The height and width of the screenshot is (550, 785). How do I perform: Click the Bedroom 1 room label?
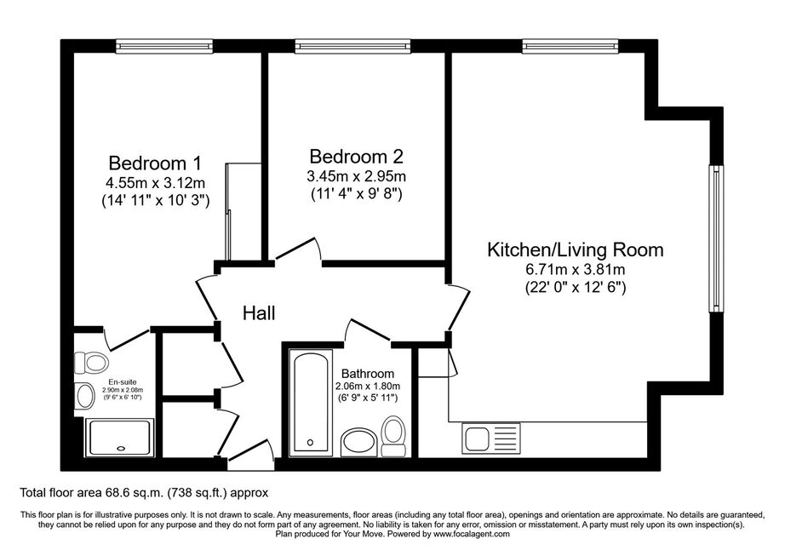click(x=155, y=163)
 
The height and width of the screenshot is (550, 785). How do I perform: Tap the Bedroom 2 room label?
click(x=356, y=157)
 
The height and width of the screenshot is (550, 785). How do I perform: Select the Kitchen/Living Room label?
click(x=576, y=249)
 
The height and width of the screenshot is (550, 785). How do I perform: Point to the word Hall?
click(x=259, y=313)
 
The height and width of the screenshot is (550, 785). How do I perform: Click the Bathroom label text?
click(x=368, y=374)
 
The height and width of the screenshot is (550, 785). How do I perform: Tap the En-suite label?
click(x=123, y=382)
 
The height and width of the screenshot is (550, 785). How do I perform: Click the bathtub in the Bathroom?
click(x=311, y=403)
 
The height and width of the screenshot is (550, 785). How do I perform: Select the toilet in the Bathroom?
click(x=393, y=437)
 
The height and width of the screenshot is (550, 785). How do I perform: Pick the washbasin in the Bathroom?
click(x=359, y=442)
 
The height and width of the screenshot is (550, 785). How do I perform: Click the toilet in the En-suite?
click(x=90, y=362)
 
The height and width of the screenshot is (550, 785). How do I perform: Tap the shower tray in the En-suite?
click(x=120, y=438)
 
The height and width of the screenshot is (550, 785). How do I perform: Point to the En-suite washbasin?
click(x=84, y=396)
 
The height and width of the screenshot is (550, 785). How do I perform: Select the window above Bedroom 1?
click(x=164, y=47)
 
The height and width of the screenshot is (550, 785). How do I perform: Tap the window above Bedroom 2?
click(x=353, y=47)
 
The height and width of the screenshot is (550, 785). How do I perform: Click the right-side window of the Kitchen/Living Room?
click(x=716, y=238)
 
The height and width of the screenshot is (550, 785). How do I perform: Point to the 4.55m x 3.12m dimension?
click(x=155, y=182)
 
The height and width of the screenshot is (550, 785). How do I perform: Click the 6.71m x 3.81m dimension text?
click(x=576, y=269)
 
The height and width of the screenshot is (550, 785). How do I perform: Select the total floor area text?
click(x=144, y=493)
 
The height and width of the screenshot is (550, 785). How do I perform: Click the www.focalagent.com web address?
click(x=472, y=534)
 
